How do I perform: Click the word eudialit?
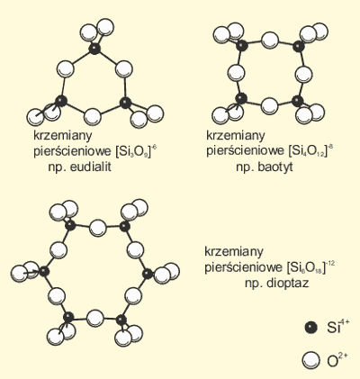coord(90,167)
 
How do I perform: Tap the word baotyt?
coord(275,167)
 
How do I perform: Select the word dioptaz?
coord(288,284)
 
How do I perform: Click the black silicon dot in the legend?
coord(310,328)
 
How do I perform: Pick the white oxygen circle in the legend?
coord(311,360)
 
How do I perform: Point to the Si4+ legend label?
coord(338,327)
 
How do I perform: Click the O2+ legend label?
coord(337,360)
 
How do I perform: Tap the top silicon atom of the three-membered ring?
coord(94,49)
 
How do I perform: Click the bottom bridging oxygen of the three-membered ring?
coord(93,116)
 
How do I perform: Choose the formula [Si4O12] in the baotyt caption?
coord(308,151)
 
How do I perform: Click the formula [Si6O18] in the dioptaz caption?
coord(306,267)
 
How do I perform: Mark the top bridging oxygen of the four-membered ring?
coord(270,41)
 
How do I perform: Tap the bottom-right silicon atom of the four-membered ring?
coord(298,101)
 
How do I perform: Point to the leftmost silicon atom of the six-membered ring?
coord(44,272)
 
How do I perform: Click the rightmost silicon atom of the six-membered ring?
coord(147,274)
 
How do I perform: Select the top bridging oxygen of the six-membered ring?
coord(97,228)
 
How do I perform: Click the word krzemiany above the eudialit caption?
coord(62,136)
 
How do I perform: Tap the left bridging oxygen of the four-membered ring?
coord(236,73)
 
